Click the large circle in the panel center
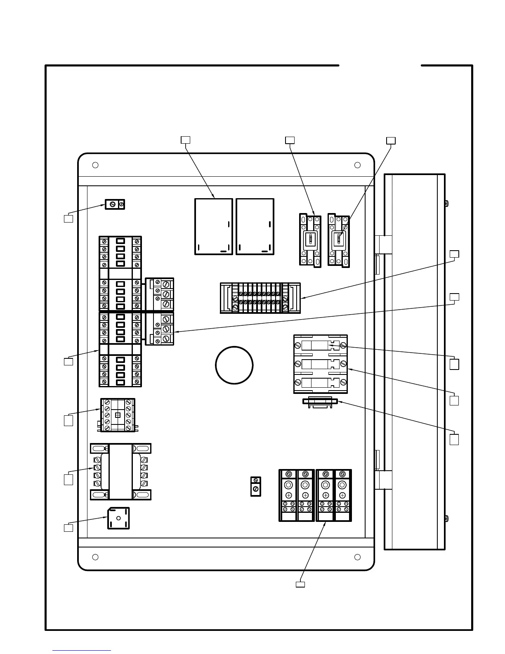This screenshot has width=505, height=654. tap(234, 365)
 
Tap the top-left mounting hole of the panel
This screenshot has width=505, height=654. tap(95, 165)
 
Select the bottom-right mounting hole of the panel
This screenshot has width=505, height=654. tap(357, 557)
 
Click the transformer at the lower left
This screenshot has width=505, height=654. tap(120, 471)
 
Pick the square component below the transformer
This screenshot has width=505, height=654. tap(118, 518)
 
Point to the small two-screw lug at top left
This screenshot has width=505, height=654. tap(115, 204)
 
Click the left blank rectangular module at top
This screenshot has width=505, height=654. tap(213, 226)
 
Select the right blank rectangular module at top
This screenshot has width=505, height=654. tap(255, 226)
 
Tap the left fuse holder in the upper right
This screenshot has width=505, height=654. tap(310, 240)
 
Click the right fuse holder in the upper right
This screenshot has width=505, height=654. tap(339, 240)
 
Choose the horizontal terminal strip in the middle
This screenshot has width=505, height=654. tap(260, 298)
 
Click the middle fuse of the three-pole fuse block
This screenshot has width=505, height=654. tap(320, 364)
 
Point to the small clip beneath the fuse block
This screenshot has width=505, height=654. tap(320, 401)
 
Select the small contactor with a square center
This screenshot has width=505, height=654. tap(118, 415)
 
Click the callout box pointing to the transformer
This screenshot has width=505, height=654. tap(68, 479)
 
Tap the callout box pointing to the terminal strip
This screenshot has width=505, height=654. tap(454, 254)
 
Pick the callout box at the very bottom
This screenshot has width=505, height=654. tap(300, 584)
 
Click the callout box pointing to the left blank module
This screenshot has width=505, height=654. tap(186, 140)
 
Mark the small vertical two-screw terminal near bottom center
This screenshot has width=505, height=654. tap(256, 486)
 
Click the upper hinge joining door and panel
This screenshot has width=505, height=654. tap(383, 244)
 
